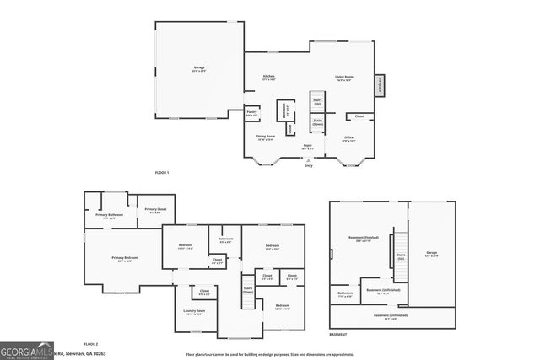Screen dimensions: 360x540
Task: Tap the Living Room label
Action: (x=343, y=78)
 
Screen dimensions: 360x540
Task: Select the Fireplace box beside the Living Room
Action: (x=381, y=84)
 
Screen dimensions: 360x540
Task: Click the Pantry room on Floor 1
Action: (x=251, y=113)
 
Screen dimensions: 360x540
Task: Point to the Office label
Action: (x=348, y=138)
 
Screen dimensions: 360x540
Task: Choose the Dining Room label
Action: (x=266, y=138)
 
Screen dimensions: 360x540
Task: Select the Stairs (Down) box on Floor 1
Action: (x=318, y=123)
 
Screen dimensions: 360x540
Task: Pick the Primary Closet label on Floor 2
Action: (x=155, y=210)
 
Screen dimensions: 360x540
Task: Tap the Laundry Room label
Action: (x=196, y=313)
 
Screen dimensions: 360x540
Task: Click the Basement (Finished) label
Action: (x=364, y=239)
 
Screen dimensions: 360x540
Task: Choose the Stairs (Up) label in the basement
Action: (x=401, y=255)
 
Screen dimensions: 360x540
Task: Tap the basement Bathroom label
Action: (x=345, y=295)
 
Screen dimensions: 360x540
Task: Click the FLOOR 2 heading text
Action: (x=90, y=344)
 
